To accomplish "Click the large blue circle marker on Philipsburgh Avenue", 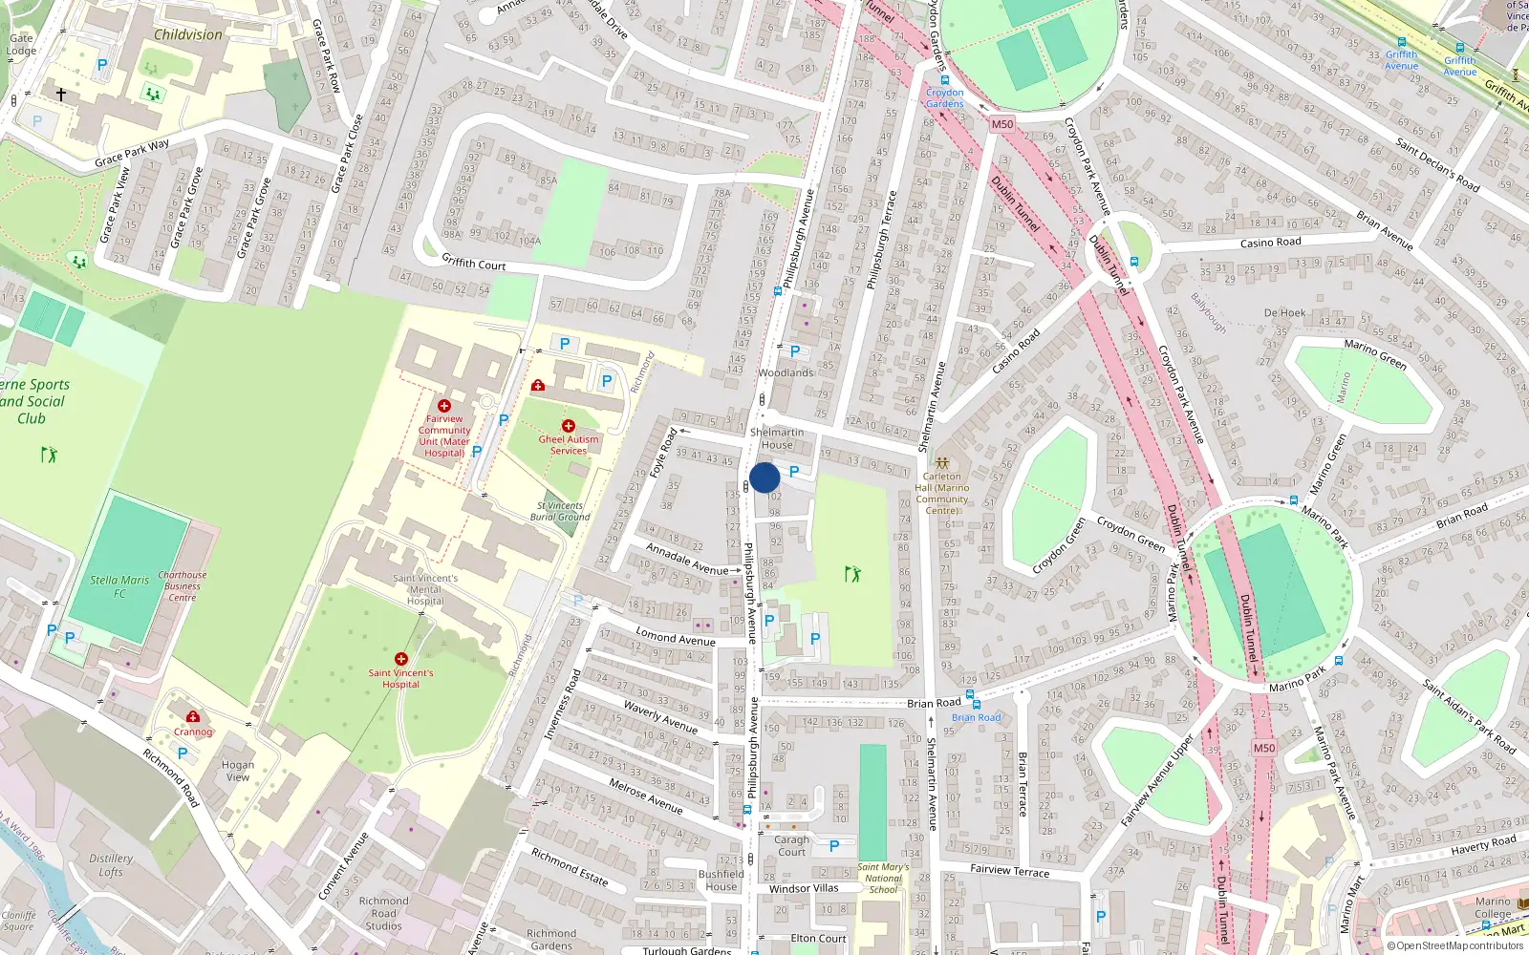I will point(764,477).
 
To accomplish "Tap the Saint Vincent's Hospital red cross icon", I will point(401,659).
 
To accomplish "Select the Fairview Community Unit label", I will point(444,435).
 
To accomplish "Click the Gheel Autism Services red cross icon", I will point(569,426).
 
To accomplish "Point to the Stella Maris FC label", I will point(119,586).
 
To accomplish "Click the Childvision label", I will point(188,34).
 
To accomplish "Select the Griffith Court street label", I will point(474,262).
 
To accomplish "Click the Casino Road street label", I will point(1270,243).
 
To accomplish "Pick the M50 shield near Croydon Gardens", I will point(1001,124).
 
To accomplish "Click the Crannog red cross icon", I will point(193,716).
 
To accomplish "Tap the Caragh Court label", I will point(791,846).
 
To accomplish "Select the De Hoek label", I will point(1284,312).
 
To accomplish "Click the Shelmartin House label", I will point(777,438).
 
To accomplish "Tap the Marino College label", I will point(1493,907).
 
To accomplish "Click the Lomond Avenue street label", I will point(676,638).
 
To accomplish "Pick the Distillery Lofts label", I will point(111,865).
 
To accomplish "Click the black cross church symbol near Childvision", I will point(61,95).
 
